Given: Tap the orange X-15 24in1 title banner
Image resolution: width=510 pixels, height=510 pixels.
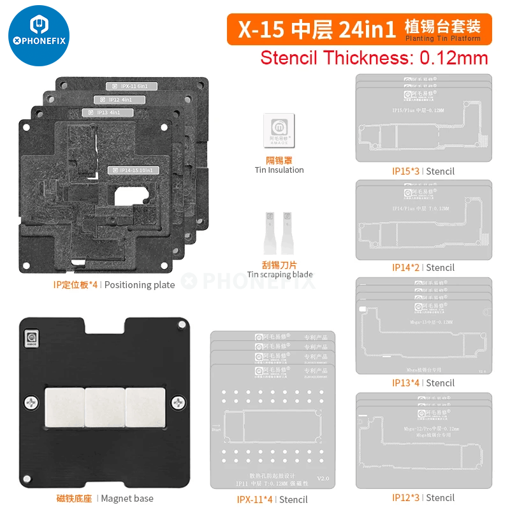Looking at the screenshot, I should (359, 29).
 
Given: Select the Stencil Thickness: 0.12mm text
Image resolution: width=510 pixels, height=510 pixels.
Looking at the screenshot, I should (374, 58).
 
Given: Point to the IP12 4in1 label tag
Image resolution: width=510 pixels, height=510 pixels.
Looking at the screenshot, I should (115, 99).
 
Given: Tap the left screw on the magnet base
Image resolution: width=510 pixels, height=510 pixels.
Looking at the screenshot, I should (32, 402).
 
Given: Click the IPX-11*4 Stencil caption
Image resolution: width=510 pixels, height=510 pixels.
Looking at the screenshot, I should (272, 500).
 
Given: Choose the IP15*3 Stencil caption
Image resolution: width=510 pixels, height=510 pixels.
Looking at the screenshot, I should (423, 171).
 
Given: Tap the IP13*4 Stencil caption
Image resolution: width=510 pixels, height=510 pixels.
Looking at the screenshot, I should (423, 382).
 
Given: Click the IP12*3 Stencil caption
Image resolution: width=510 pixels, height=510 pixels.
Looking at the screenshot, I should (423, 497).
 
